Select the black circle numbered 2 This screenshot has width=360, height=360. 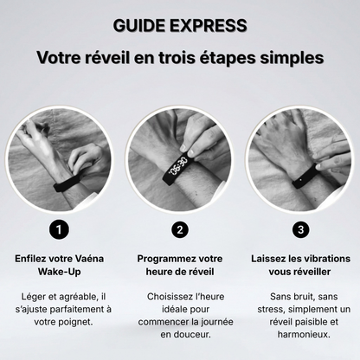click(180, 229)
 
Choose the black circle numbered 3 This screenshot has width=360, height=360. click(299, 229)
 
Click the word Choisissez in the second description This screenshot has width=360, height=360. click(162, 296)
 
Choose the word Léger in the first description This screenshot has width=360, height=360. click(35, 296)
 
